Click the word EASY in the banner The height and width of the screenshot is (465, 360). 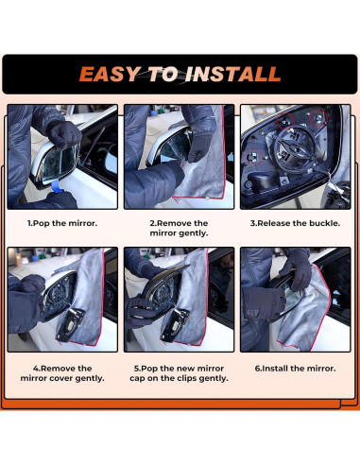[x=110, y=75]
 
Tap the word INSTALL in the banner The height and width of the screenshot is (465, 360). [x=232, y=75]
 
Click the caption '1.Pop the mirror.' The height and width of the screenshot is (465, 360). [x=62, y=223]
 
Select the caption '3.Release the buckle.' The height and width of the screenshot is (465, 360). [x=295, y=223]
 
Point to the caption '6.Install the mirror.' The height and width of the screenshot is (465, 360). [x=295, y=369]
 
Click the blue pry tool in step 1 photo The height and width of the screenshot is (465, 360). [x=56, y=186]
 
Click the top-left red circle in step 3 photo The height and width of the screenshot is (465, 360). [x=285, y=120]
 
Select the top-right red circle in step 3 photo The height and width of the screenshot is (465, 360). [x=318, y=118]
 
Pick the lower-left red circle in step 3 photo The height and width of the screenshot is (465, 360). [x=254, y=157]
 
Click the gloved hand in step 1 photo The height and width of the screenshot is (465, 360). [x=64, y=134]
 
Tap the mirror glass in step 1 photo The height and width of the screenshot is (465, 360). [x=59, y=164]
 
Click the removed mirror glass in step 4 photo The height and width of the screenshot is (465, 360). [x=70, y=325]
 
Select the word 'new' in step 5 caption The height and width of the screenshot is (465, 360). [x=184, y=369]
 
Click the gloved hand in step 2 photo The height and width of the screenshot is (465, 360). [x=200, y=145]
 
